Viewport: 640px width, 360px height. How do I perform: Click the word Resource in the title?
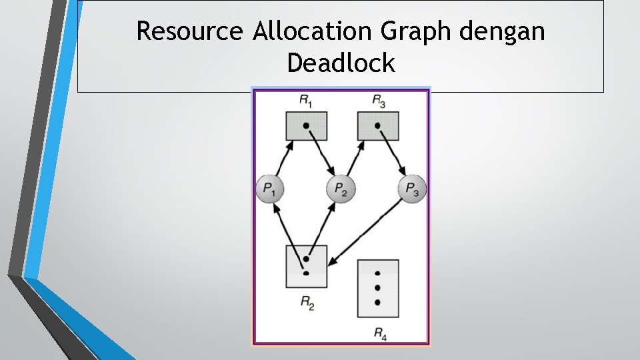[191, 31]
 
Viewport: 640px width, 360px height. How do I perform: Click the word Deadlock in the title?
[341, 63]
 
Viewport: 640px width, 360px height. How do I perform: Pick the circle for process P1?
[270, 190]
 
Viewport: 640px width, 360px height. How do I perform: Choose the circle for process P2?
[341, 190]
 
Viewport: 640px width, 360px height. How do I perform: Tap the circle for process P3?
[412, 190]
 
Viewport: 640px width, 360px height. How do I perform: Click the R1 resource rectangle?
[306, 126]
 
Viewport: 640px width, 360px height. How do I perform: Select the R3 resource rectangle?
[378, 126]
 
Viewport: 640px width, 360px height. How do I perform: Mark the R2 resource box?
[306, 266]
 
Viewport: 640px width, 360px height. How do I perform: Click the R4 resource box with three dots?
[378, 288]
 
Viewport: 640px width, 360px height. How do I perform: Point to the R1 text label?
[306, 101]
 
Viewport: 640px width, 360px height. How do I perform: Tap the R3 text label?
[378, 101]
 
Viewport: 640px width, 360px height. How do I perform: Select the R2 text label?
[307, 303]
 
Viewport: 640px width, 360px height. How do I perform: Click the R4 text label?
[379, 332]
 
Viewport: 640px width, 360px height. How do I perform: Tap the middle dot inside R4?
[378, 288]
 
